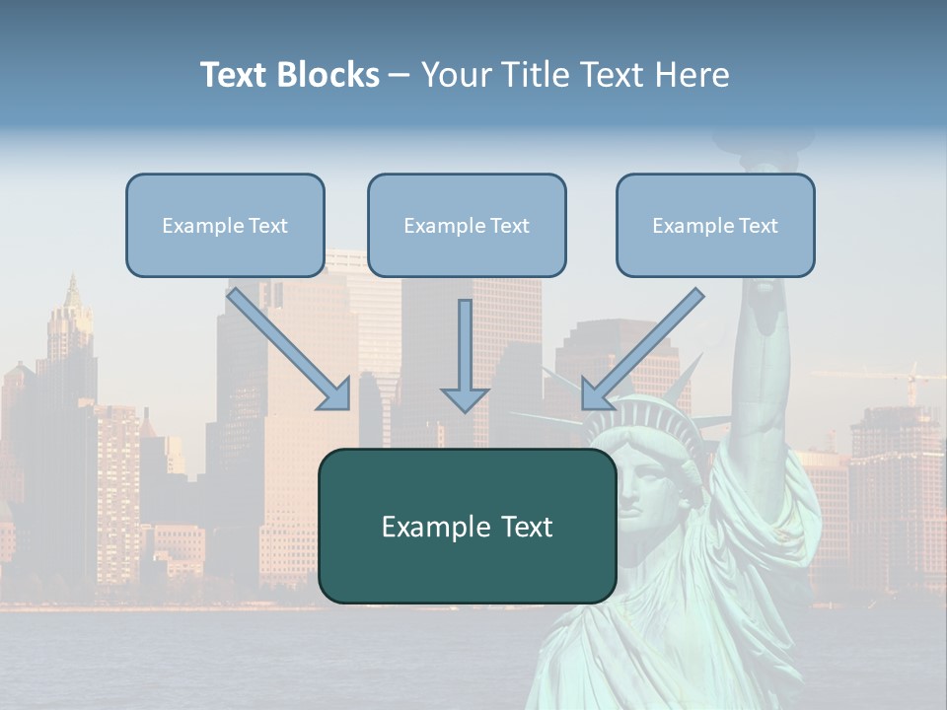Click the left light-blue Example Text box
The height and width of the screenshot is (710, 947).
pyautogui.click(x=225, y=225)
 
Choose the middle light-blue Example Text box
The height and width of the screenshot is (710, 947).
pyautogui.click(x=467, y=225)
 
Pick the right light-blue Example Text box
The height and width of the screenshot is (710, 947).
pyautogui.click(x=715, y=225)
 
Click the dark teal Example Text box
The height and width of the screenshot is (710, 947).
pyautogui.click(x=467, y=526)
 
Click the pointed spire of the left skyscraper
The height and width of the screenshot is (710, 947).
pyautogui.click(x=71, y=291)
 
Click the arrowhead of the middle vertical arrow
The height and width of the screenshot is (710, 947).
pyautogui.click(x=465, y=398)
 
